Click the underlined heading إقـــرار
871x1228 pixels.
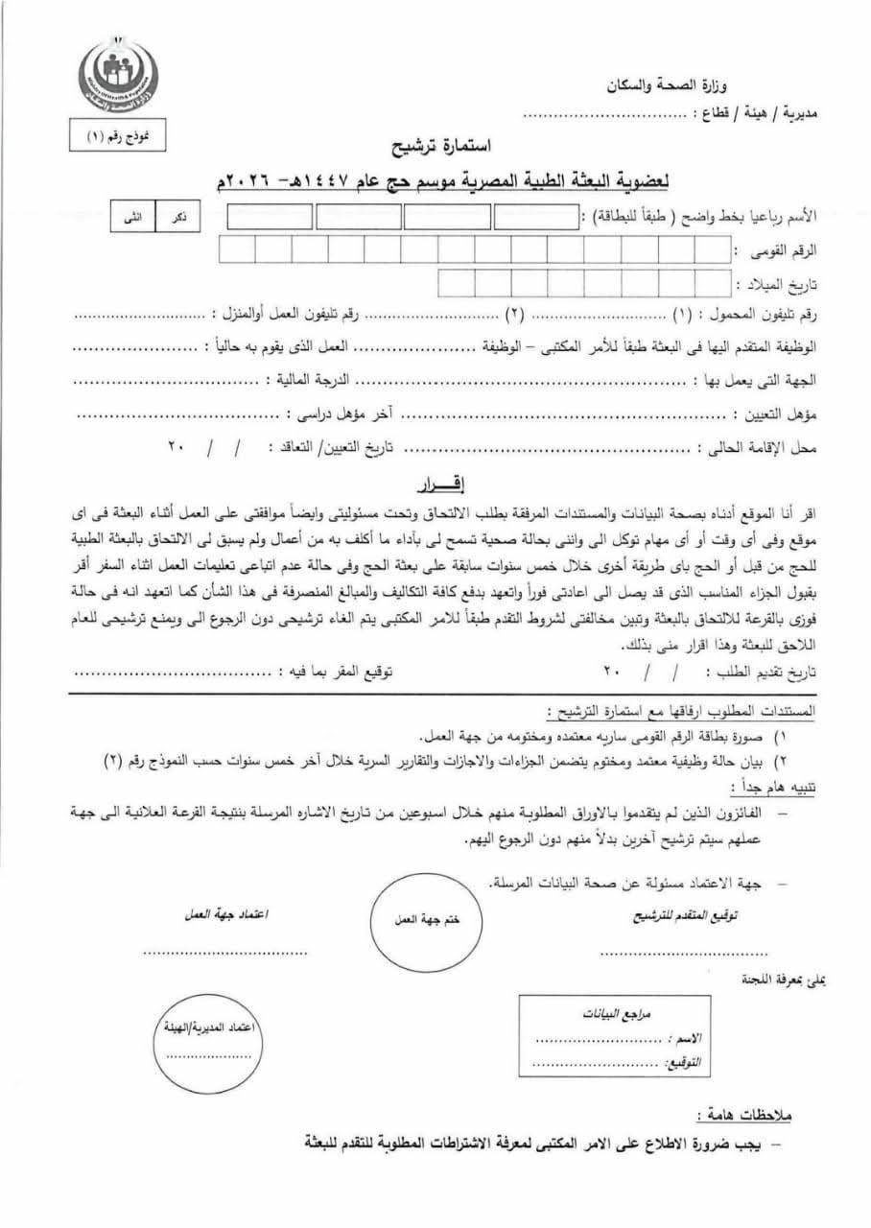coord(437,479)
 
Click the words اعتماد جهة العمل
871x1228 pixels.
coord(225,915)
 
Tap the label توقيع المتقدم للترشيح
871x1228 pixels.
coord(682,915)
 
